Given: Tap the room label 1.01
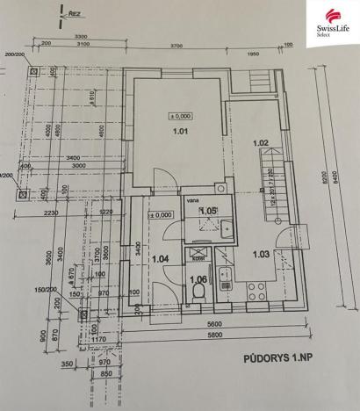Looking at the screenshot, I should [x=180, y=133].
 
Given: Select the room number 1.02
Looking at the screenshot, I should [x=261, y=142].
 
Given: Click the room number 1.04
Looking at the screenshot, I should [x=160, y=259].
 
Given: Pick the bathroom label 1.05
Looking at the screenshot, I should [x=208, y=212].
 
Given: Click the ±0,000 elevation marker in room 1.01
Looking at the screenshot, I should [x=180, y=115].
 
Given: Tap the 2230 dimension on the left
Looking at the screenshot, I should [x=49, y=212].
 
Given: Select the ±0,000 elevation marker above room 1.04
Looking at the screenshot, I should [x=161, y=214].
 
